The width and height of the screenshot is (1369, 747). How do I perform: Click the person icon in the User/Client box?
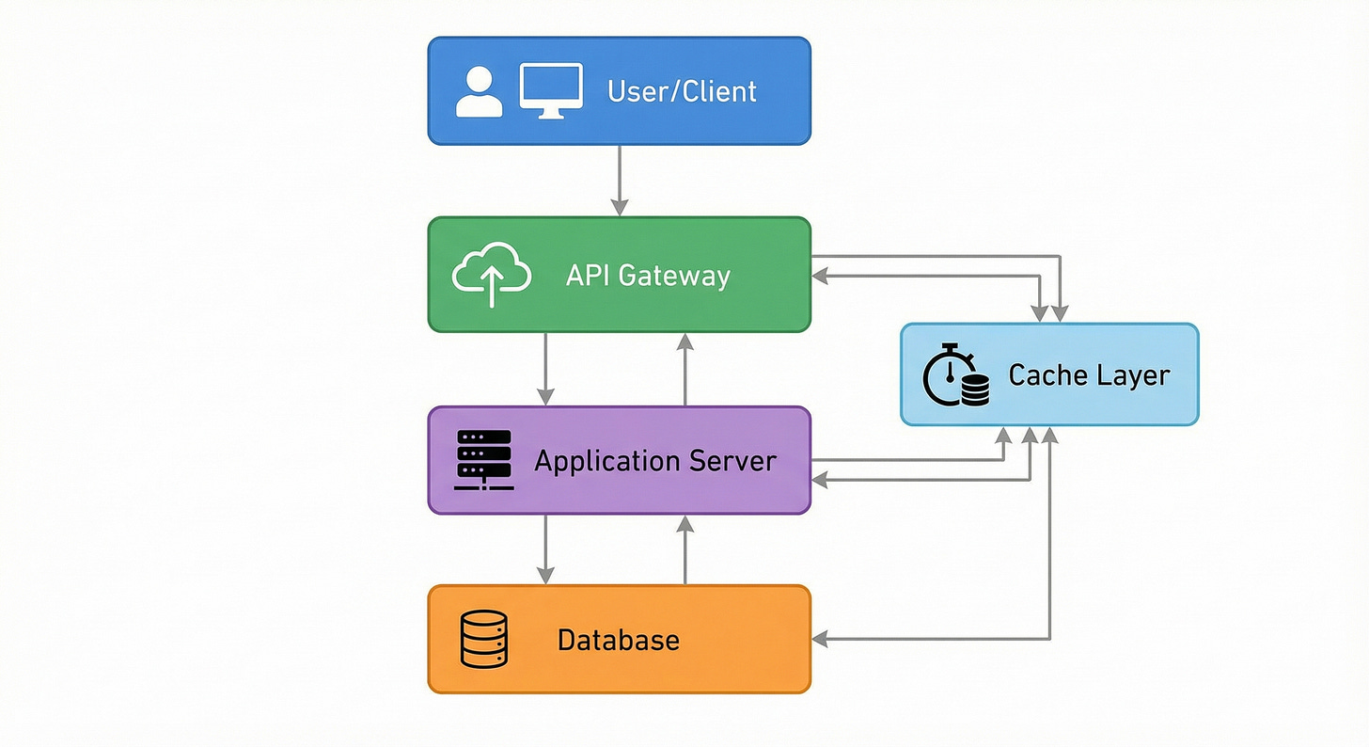coord(480,91)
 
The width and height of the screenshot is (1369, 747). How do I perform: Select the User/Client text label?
coord(682,91)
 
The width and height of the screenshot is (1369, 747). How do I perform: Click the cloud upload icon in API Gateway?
coord(491,274)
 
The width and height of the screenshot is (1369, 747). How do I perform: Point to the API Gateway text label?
coord(648,276)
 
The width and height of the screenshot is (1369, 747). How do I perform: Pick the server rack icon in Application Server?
coord(482,460)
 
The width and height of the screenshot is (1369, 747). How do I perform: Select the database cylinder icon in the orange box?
coord(484,639)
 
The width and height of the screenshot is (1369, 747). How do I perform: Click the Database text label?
coord(618,641)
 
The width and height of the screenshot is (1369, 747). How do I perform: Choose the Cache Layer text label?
coord(1089,375)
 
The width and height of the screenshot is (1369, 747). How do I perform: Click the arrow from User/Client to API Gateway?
coord(619,179)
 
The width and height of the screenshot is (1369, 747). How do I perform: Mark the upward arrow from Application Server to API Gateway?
coord(685,368)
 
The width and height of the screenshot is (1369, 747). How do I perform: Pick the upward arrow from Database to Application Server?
coord(685,549)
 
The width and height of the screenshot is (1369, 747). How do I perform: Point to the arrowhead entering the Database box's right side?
coord(819,640)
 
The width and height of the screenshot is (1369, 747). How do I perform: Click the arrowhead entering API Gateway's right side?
coord(819,276)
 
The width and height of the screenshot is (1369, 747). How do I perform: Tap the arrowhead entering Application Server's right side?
coord(819,479)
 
